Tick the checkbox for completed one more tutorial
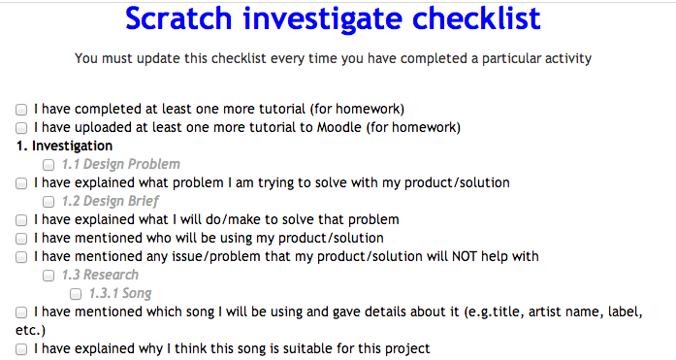[x=21, y=109]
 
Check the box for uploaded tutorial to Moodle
[x=21, y=127]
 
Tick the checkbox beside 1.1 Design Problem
[x=48, y=164]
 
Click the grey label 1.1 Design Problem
[x=120, y=164]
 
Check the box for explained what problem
[x=21, y=182]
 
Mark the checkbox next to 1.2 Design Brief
[x=48, y=201]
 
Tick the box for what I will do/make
[x=21, y=219]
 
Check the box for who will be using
[x=21, y=238]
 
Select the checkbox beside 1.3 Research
[x=48, y=275]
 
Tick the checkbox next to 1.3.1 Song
[x=76, y=293]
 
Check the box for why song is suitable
[x=21, y=348]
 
